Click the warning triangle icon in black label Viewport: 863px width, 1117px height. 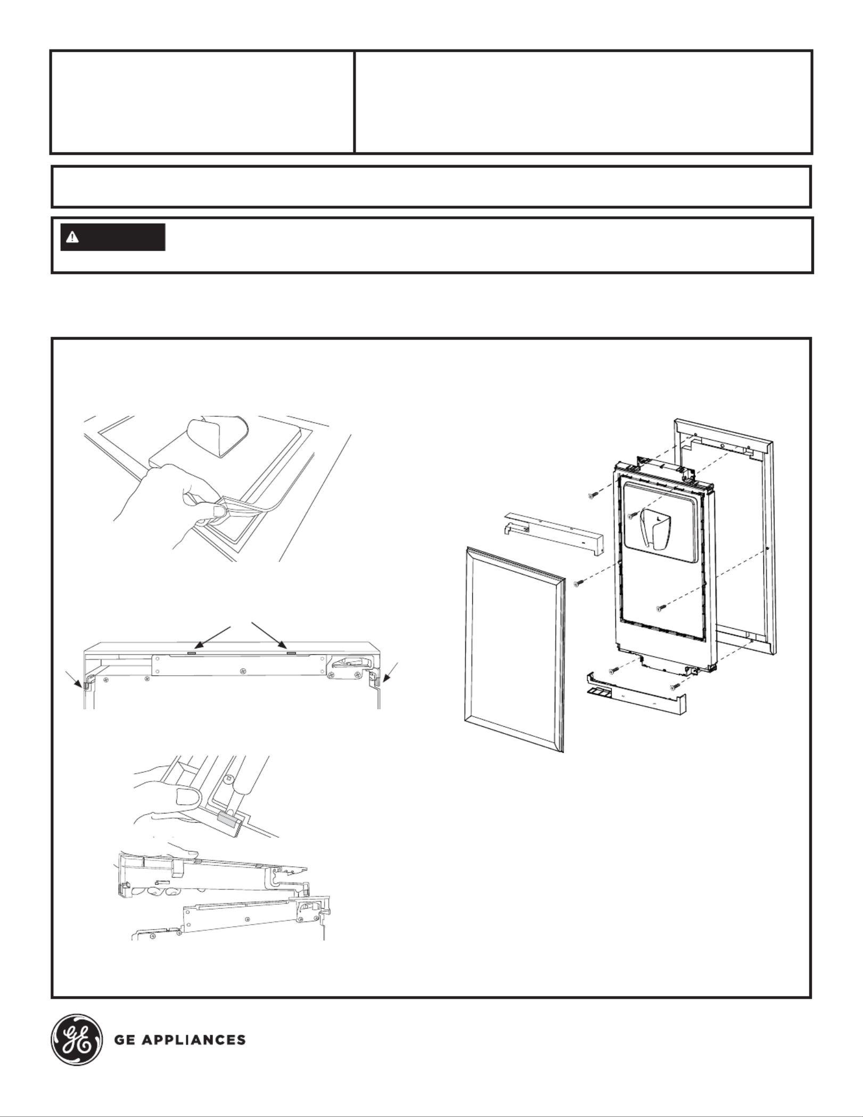tap(72, 238)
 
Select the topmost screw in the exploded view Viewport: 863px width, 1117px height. tap(591, 496)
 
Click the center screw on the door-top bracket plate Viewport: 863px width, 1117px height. tap(243, 669)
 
